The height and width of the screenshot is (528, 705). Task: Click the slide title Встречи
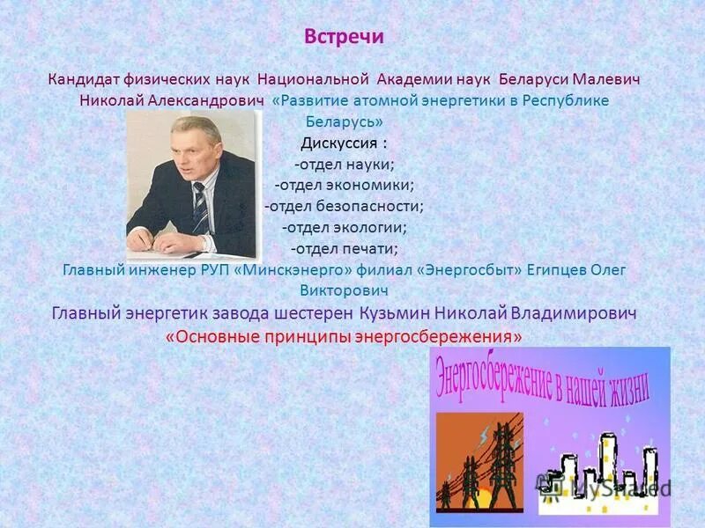tap(344, 38)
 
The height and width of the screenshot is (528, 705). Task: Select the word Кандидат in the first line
tap(84, 79)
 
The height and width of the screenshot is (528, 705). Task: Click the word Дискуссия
tap(338, 143)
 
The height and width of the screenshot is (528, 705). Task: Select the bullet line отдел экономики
tap(344, 185)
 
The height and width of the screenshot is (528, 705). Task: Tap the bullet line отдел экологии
tap(344, 227)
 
